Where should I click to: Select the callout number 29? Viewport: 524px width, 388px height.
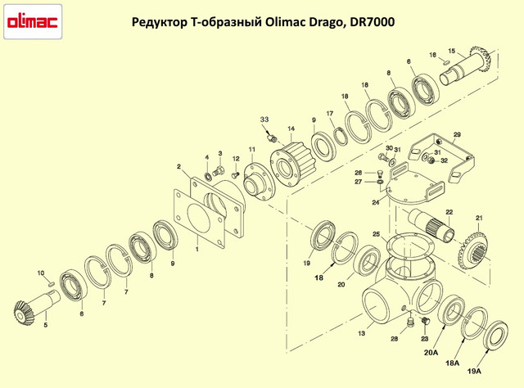tap(458, 134)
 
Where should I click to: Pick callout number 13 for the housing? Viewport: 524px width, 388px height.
tap(359, 334)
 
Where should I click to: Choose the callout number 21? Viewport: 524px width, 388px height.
tap(480, 217)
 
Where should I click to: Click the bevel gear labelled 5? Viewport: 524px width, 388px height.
tap(29, 312)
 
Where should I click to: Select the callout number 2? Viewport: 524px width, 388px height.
tap(178, 166)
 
